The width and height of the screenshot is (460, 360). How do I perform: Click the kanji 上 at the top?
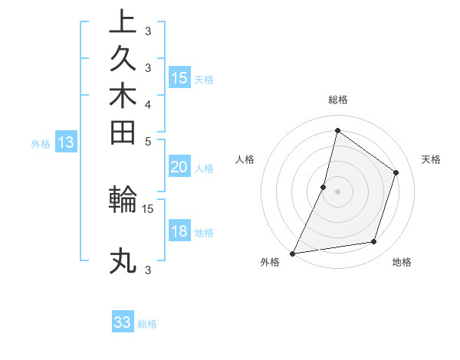click(x=123, y=21)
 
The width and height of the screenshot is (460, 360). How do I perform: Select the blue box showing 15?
click(x=179, y=77)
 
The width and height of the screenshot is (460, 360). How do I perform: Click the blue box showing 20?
click(x=179, y=167)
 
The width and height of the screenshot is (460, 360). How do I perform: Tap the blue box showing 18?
click(x=179, y=231)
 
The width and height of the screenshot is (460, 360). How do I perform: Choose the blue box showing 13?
click(x=66, y=142)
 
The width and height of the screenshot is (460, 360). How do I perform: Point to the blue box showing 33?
click(x=123, y=322)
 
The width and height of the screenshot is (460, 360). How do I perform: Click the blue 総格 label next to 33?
click(x=147, y=324)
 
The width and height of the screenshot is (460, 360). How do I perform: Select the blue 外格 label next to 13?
click(x=41, y=143)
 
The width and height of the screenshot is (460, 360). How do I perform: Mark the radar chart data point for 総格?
click(x=337, y=130)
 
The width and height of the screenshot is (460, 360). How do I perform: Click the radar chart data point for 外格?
click(x=292, y=253)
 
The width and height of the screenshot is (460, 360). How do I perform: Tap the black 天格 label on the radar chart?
click(x=431, y=159)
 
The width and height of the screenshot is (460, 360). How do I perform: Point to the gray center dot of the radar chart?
click(x=337, y=191)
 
